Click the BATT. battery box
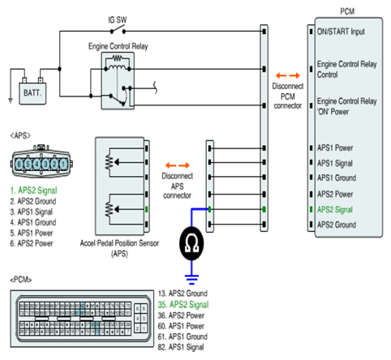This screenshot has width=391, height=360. tap(32, 93)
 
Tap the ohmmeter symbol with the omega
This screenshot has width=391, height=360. tap(191, 243)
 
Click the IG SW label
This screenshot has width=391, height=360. tap(118, 20)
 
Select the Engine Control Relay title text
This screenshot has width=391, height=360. tap(118, 46)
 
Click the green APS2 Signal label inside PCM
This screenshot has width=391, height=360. tap(335, 210)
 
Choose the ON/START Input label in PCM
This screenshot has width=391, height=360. tap(341, 32)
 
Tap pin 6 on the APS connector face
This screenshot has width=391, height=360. tap(19, 164)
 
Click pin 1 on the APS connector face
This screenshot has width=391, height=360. tap(63, 164)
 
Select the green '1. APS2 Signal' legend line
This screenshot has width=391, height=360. tap(33, 191)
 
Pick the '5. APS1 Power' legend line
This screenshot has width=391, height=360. tap(32, 233)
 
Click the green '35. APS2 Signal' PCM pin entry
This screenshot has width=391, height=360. tap(183, 305)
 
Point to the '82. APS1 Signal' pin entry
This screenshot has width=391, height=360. tap(181, 347)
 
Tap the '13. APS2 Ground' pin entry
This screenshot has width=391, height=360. tap(183, 294)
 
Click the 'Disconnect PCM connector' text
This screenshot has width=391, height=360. tap(288, 96)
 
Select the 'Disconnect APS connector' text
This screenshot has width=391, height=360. tap(177, 186)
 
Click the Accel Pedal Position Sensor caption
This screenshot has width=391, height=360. tap(119, 248)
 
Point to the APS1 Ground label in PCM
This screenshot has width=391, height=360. tap(337, 178)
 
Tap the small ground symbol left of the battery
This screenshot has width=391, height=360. tap(11, 101)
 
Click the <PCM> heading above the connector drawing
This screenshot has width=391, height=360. tap(21, 280)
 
